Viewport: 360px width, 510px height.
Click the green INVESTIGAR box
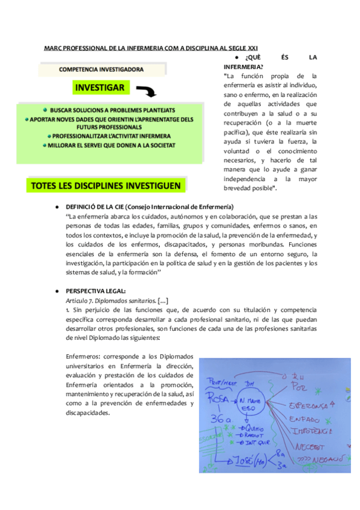click(x=100, y=88)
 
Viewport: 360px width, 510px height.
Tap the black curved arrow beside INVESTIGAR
click(x=146, y=91)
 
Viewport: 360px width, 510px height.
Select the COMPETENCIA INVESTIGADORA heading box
click(x=101, y=70)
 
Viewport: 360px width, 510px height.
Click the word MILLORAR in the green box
click(x=67, y=145)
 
